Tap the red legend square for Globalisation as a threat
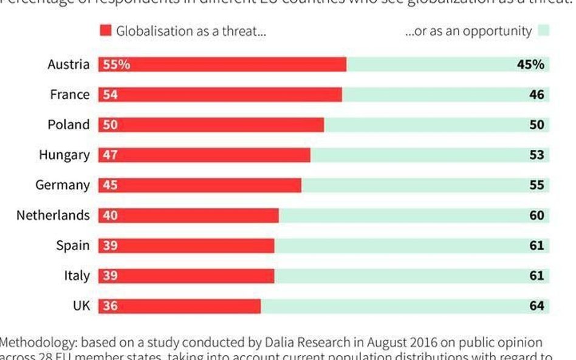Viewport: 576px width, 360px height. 106,31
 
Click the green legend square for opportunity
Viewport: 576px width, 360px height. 543,31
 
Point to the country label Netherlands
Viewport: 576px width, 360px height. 53,216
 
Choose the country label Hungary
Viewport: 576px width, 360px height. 64,155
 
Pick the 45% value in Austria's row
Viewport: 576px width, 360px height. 530,64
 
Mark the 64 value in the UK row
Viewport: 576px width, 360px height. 537,306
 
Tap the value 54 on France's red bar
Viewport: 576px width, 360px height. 111,95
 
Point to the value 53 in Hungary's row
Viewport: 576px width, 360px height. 537,155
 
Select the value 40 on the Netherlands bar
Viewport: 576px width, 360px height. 111,216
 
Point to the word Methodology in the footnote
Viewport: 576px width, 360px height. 36,342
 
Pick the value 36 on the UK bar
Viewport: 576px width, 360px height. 111,306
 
